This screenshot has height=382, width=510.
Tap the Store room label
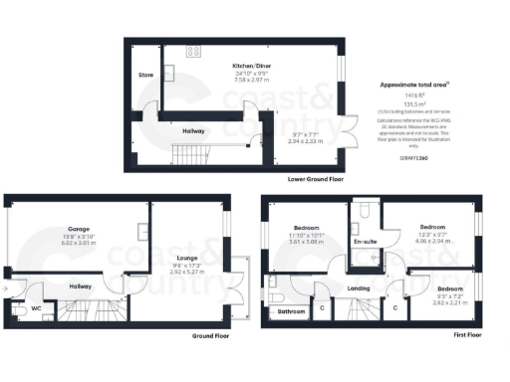click(145, 74)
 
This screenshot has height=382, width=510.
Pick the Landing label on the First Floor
click(359, 288)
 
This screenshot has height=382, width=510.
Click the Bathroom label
click(291, 311)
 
